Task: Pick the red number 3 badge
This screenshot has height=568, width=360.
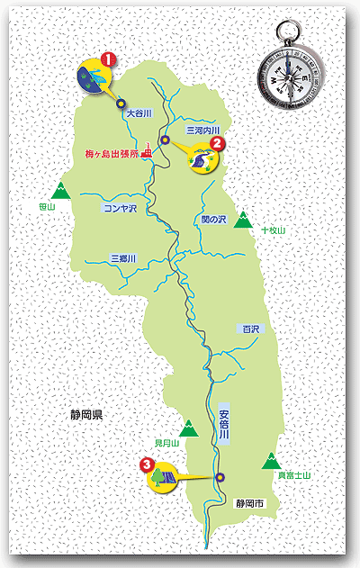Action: click(147, 464)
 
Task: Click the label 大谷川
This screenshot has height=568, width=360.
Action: click(140, 114)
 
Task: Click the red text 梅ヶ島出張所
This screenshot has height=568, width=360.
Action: click(112, 154)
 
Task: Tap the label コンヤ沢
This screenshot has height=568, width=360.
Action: click(119, 208)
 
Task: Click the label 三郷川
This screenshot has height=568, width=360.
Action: click(121, 257)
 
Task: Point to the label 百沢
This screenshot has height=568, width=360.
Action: click(249, 329)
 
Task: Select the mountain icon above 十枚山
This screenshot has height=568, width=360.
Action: click(242, 221)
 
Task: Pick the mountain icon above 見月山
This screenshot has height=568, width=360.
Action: click(190, 429)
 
